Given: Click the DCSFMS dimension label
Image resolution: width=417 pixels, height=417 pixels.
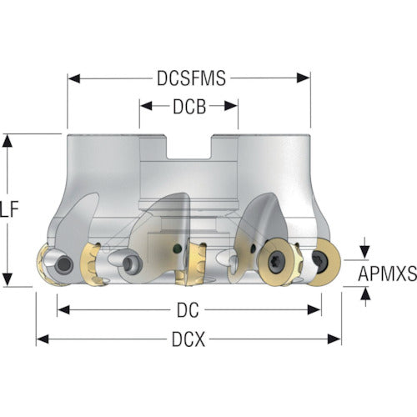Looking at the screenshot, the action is (191, 78).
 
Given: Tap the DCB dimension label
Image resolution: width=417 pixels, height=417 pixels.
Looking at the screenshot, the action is (189, 107).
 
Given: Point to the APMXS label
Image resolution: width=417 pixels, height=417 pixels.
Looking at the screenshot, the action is (387, 274).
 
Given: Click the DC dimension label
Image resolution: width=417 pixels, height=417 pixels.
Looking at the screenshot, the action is (188, 310).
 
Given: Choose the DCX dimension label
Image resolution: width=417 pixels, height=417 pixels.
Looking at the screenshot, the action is (188, 339).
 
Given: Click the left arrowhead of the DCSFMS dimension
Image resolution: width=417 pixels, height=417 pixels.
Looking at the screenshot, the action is (74, 78).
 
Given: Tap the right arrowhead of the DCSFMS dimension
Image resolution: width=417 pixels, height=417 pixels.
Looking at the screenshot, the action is (304, 78).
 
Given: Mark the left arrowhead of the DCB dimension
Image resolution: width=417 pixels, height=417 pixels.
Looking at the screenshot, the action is (146, 106).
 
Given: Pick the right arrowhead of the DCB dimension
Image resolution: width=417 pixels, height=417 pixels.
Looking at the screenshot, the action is (231, 106).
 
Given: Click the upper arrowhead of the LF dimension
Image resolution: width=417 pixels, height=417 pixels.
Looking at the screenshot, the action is (8, 140).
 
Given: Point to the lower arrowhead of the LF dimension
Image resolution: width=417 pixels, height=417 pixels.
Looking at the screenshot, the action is (8, 279).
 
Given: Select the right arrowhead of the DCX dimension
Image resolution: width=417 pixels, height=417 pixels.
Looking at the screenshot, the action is (334, 339).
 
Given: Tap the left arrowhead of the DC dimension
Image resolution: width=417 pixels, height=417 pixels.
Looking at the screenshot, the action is (63, 309).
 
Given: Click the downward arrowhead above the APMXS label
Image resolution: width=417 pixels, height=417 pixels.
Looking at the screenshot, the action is (365, 252).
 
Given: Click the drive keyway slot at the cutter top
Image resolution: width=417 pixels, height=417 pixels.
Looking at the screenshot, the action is (189, 147).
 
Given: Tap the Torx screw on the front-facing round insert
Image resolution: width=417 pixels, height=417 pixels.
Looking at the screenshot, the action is (277, 262).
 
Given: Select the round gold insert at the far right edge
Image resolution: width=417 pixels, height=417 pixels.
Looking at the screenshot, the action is (324, 262).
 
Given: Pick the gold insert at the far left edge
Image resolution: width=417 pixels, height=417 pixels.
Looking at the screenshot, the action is (44, 264).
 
